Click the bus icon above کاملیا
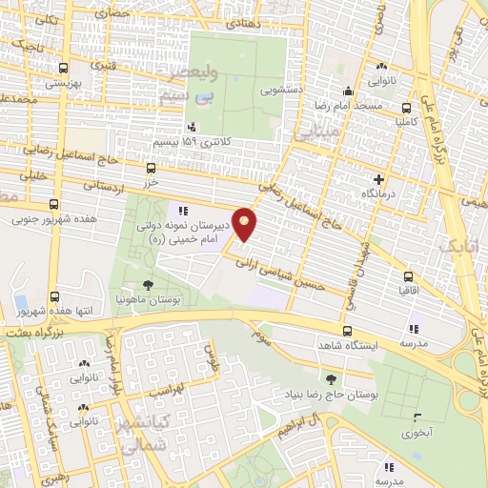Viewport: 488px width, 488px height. pyautogui.click(x=407, y=109)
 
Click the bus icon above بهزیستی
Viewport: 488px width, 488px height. pyautogui.click(x=63, y=69)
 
